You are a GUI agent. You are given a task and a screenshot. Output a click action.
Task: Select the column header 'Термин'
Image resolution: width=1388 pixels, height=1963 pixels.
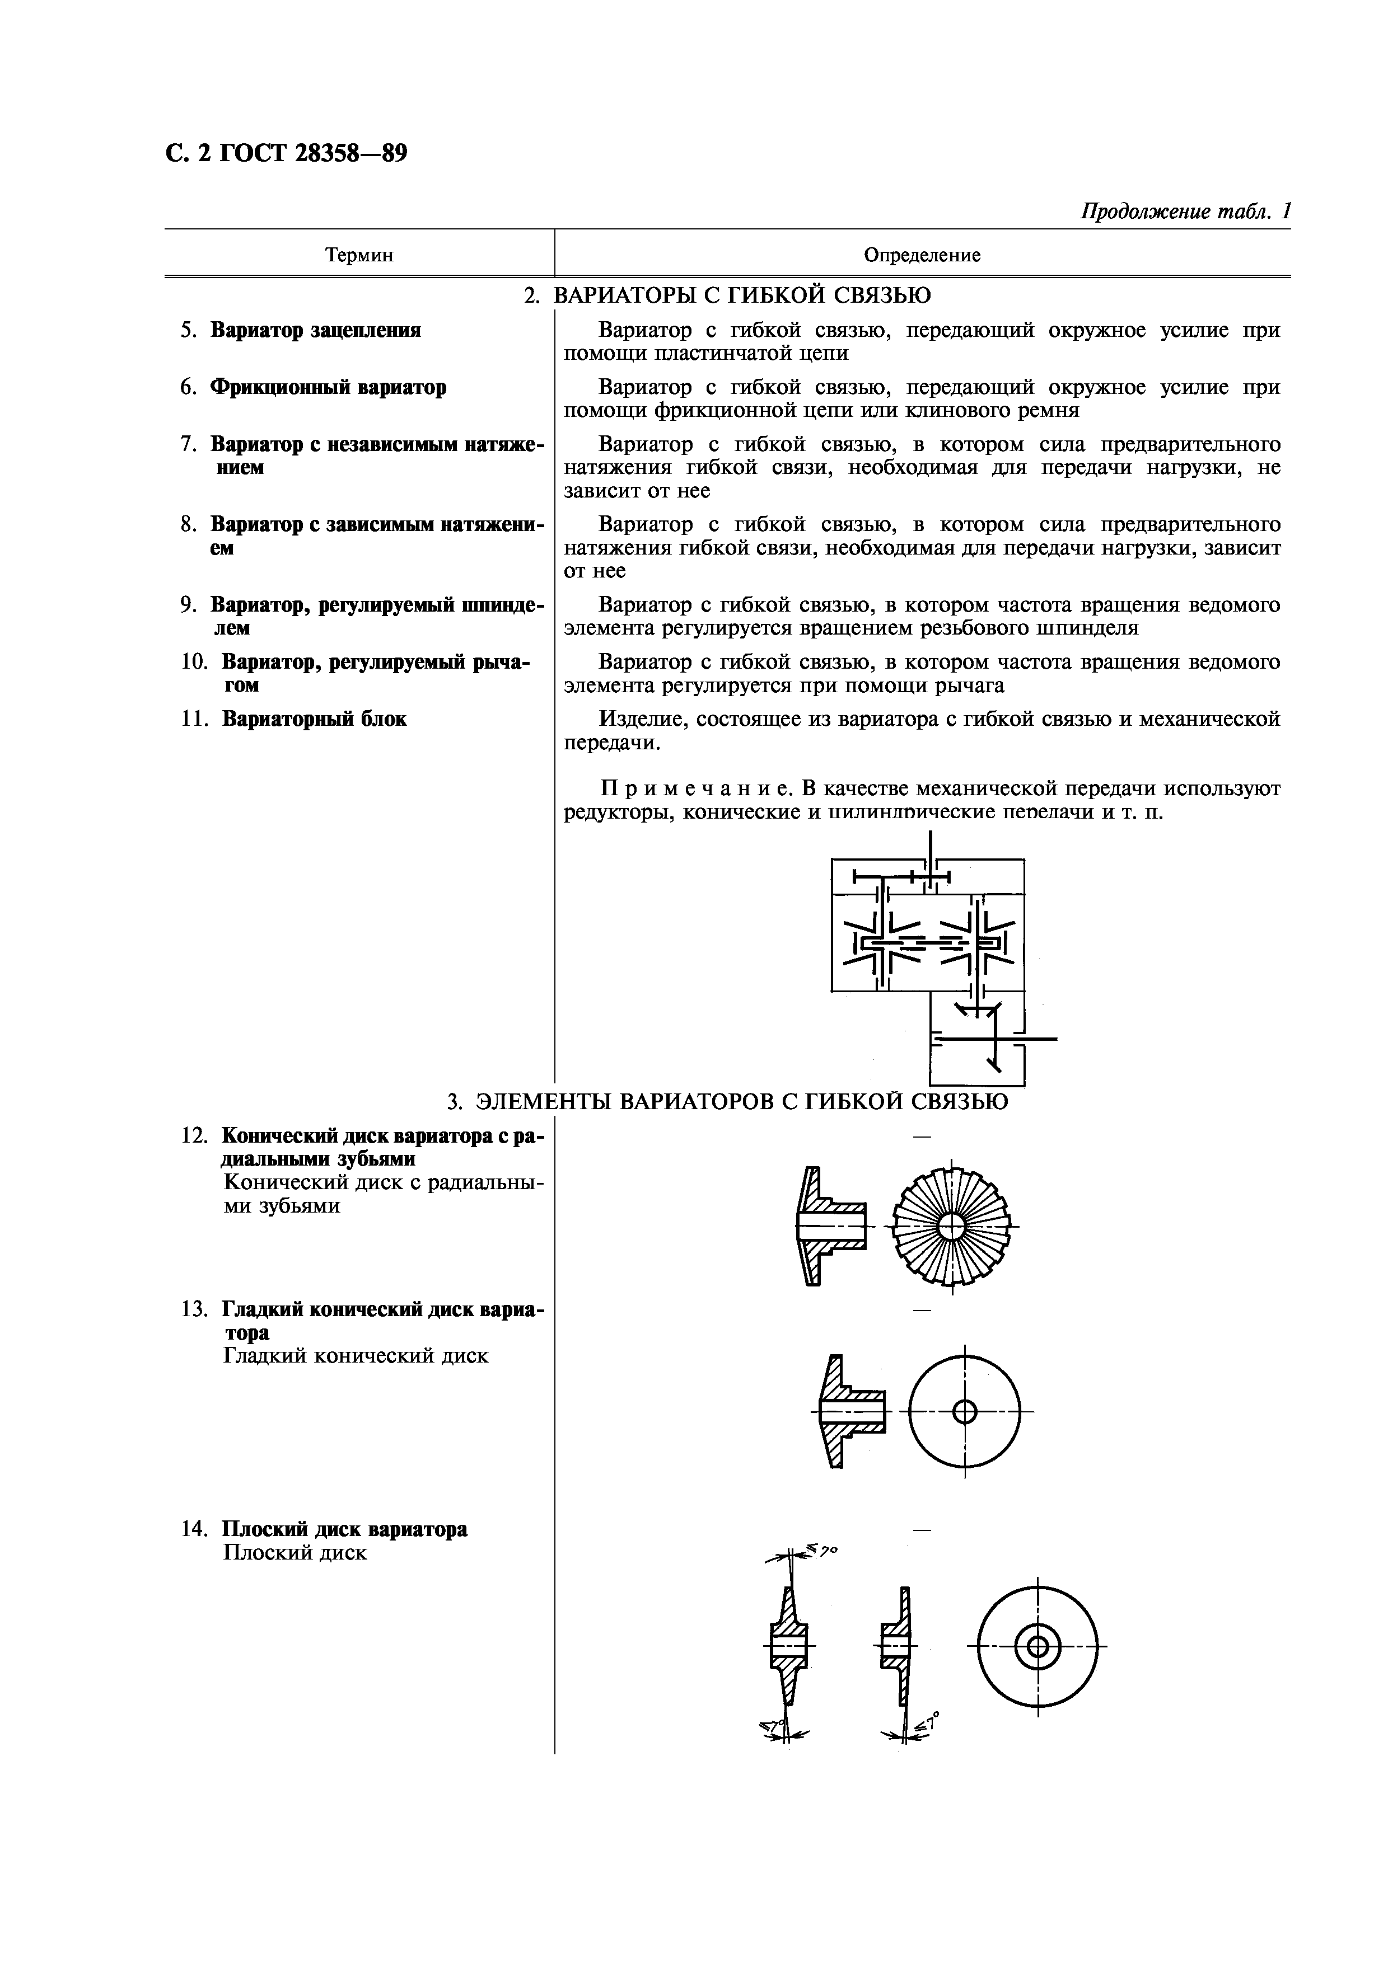(x=359, y=255)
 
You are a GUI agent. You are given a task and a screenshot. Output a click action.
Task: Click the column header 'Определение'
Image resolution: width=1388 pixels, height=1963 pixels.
(x=922, y=255)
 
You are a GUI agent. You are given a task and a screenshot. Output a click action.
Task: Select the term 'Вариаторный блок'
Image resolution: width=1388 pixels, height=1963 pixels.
(x=314, y=719)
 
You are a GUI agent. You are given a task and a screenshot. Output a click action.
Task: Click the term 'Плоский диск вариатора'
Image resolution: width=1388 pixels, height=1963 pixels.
(x=345, y=1529)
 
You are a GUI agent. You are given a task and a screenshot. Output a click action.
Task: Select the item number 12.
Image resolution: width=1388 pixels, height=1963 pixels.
(x=194, y=1135)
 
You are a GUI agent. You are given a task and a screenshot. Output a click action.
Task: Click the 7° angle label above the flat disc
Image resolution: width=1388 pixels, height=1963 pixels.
(x=825, y=1550)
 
